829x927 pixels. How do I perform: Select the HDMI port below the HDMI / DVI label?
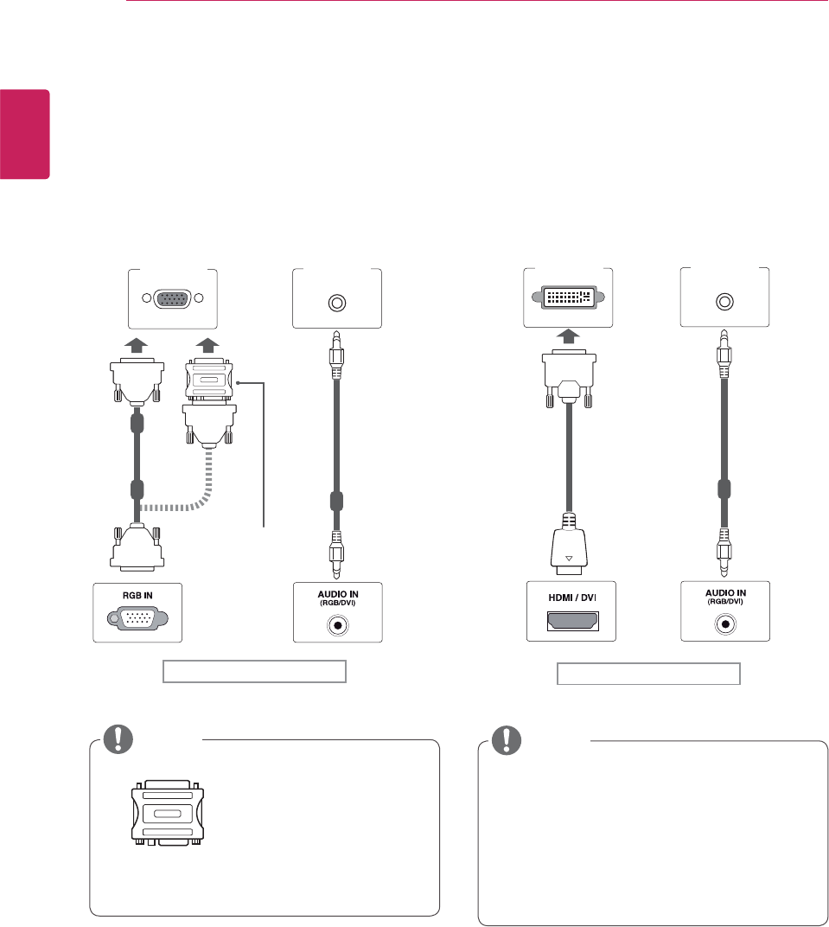tap(571, 620)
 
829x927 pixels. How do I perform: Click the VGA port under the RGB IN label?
tap(137, 620)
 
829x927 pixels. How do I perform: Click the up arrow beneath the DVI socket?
tap(569, 336)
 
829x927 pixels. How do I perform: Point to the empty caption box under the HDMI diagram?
tap(647, 674)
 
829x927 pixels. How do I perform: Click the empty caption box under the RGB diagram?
tap(255, 672)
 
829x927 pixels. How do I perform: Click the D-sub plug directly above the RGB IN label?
tap(137, 548)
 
